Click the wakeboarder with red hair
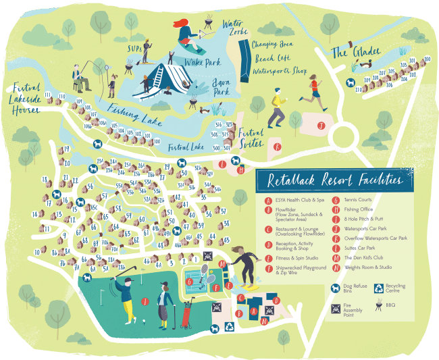tap(186, 35)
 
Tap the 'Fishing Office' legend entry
tap(359, 209)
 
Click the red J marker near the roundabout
tap(322, 124)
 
